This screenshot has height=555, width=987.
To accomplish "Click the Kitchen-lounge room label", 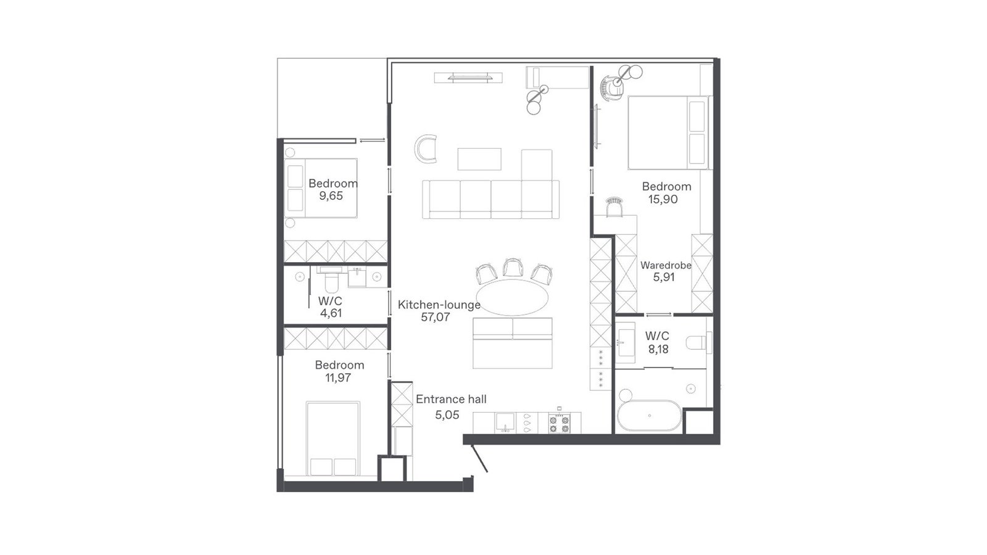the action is coord(439,305).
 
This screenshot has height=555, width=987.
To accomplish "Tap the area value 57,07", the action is coord(436,317).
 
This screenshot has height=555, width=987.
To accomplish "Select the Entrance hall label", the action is coord(451,399).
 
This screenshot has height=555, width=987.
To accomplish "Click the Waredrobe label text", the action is coord(666,265).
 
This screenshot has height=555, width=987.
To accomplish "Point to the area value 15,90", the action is coord(663,199).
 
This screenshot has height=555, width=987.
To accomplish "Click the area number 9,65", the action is coord(331,196).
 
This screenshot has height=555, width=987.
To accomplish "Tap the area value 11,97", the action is coord(338,377).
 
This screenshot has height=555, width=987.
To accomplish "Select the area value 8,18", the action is coord(658,349).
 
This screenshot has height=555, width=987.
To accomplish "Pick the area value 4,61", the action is coord(331,313).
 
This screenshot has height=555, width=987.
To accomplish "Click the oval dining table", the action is coord(513,297).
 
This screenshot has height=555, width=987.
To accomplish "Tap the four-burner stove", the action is coord(559,423).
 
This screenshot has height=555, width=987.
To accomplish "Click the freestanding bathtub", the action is coord(649,416).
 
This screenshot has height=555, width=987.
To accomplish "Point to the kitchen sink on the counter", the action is coord(505,422).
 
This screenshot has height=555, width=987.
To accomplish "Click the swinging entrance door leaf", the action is coord(479,458).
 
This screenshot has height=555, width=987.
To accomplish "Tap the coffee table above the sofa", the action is coord(479,159).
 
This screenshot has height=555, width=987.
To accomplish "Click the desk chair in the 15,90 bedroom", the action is coord(614,207).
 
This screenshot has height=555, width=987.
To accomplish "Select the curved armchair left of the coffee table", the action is coord(426,149).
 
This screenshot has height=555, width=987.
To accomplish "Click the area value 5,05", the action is coord(447,415).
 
